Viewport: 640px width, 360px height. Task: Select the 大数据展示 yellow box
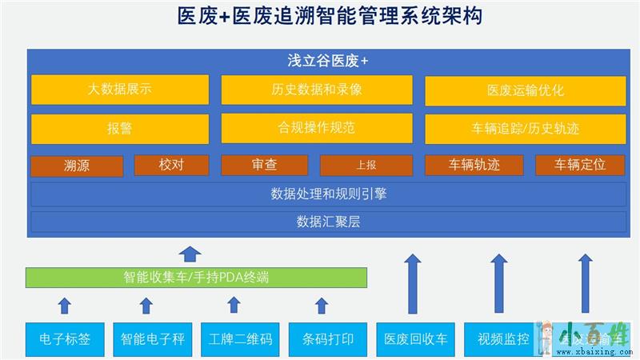[120, 90]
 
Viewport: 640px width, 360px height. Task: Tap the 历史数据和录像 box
[317, 90]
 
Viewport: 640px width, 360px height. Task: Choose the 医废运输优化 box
[526, 90]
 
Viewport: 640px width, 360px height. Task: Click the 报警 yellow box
[120, 128]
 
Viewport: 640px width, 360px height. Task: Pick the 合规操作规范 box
[317, 128]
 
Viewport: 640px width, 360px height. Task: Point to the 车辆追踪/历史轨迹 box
[526, 128]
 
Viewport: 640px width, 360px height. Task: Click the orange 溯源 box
[77, 166]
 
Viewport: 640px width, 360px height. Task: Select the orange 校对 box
[171, 165]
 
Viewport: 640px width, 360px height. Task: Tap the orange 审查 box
[264, 165]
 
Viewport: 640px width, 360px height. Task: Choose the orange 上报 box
[366, 165]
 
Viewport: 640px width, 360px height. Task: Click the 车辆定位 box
[580, 165]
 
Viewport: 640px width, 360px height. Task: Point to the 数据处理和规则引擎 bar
[329, 194]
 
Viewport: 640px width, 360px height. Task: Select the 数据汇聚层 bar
[329, 221]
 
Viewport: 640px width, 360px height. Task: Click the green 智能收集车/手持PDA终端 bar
[196, 278]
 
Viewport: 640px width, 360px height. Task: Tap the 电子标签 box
[65, 338]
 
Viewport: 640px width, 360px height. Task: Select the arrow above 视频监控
[499, 284]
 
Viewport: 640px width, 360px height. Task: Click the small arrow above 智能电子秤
[146, 305]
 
